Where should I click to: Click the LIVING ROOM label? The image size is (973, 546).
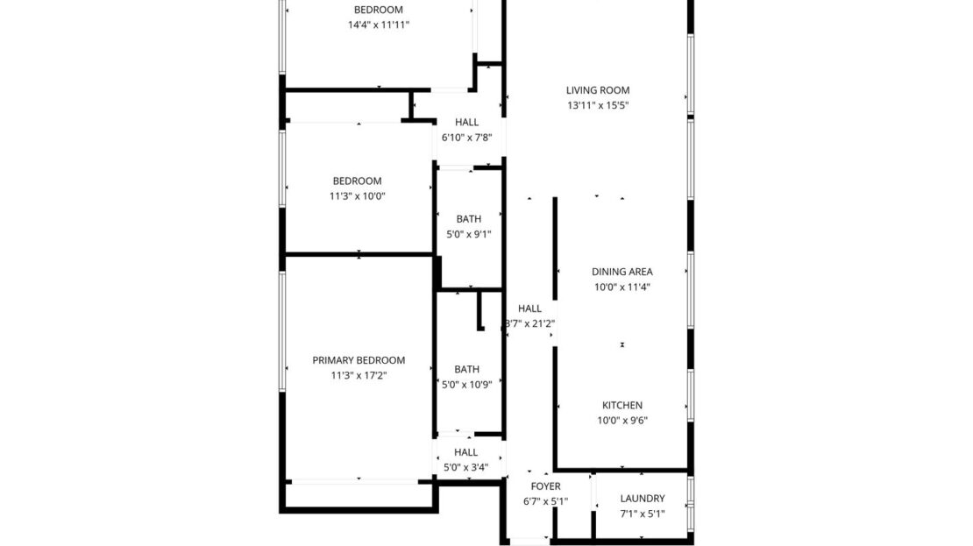coord(597,90)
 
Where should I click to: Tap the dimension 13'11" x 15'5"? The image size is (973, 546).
coord(597,105)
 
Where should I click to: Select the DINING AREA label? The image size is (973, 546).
coord(622,272)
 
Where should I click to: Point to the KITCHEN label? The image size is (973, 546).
coord(622,405)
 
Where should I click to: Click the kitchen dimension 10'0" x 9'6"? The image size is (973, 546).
coord(622,420)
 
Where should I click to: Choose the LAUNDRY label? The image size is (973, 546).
coord(643,498)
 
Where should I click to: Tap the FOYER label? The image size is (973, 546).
coord(545,486)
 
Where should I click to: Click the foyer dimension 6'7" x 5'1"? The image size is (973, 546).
coord(545,501)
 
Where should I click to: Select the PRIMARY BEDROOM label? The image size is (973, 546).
coord(359,360)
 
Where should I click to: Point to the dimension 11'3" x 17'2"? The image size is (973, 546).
coord(359,375)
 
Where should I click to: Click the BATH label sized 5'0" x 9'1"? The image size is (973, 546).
coord(468,219)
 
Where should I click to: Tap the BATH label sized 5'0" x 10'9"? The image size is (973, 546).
coord(466,369)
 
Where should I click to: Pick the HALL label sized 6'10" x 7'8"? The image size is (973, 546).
coord(466,122)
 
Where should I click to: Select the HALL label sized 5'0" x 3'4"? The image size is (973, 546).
coord(465,452)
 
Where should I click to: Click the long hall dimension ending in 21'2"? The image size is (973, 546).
coord(530,323)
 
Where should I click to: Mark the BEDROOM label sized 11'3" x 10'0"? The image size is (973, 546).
coord(357,181)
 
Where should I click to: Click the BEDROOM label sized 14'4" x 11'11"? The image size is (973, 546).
coord(378,10)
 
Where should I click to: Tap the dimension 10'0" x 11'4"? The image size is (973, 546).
coord(622,287)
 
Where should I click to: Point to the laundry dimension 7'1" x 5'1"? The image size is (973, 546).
coord(643,513)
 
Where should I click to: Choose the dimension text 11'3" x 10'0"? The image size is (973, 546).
coord(357,195)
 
